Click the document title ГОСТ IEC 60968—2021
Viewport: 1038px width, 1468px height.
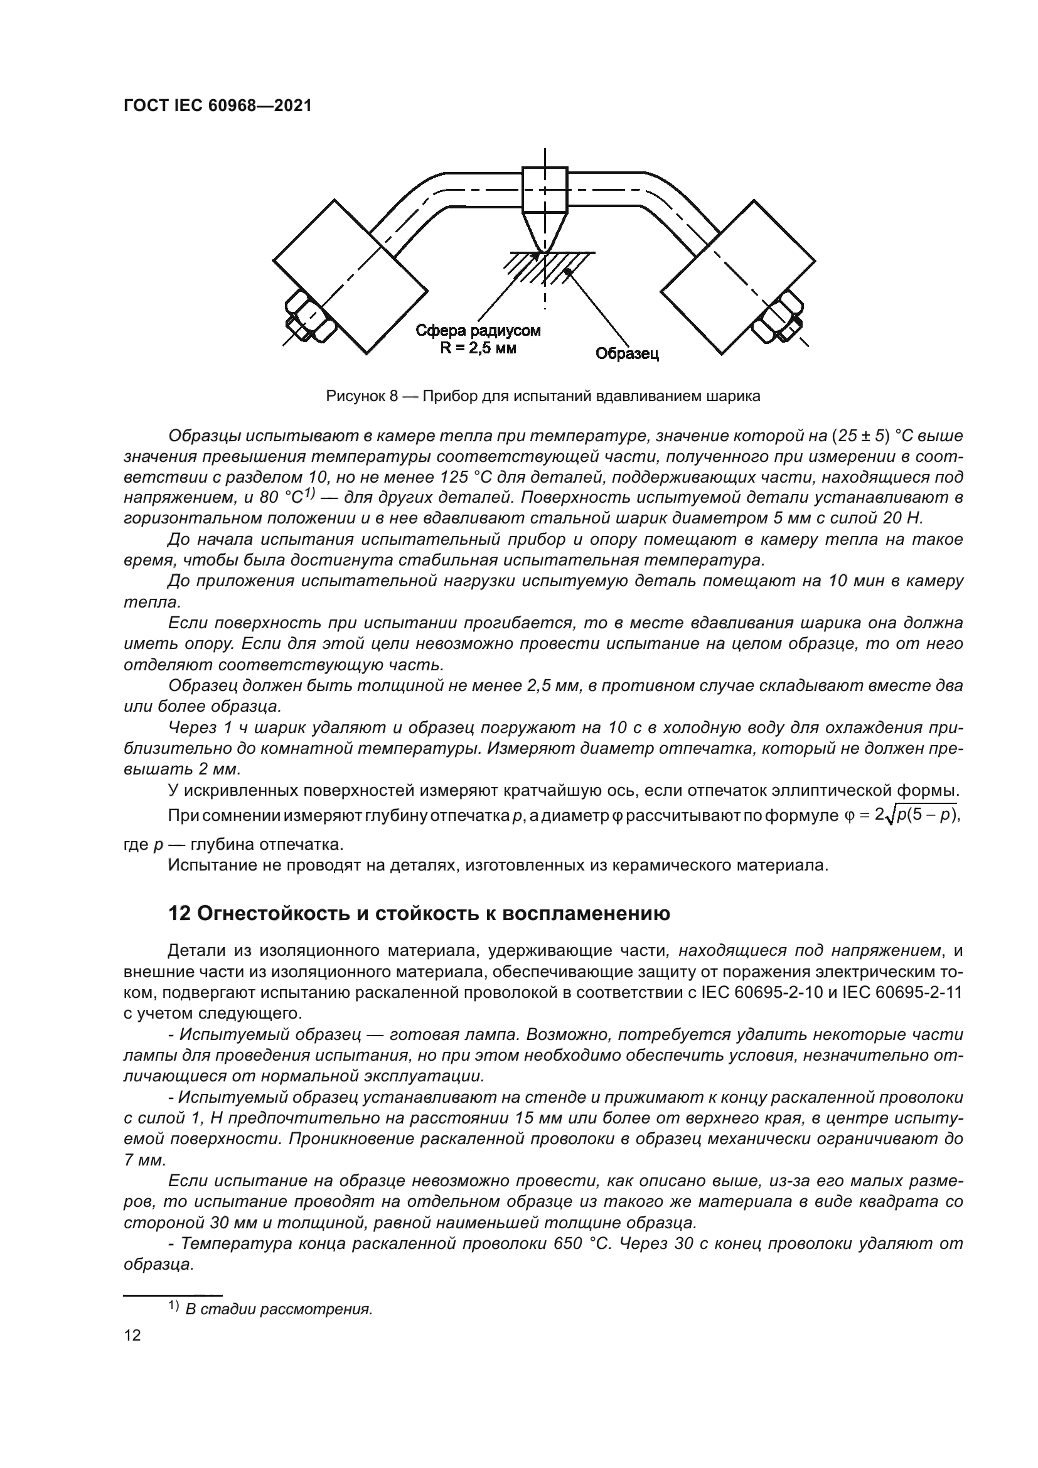(x=217, y=106)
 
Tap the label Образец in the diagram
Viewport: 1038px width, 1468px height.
(x=627, y=353)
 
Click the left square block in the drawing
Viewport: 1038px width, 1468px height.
(x=350, y=276)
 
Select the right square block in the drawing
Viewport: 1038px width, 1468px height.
(x=737, y=276)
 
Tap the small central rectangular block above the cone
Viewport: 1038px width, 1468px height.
(x=545, y=190)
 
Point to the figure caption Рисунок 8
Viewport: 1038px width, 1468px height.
(x=543, y=396)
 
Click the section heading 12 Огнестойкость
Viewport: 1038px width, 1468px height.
(x=419, y=914)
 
